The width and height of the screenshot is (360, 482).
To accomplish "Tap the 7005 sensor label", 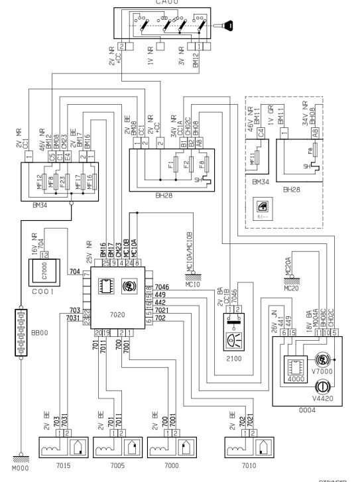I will pos(115,466).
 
